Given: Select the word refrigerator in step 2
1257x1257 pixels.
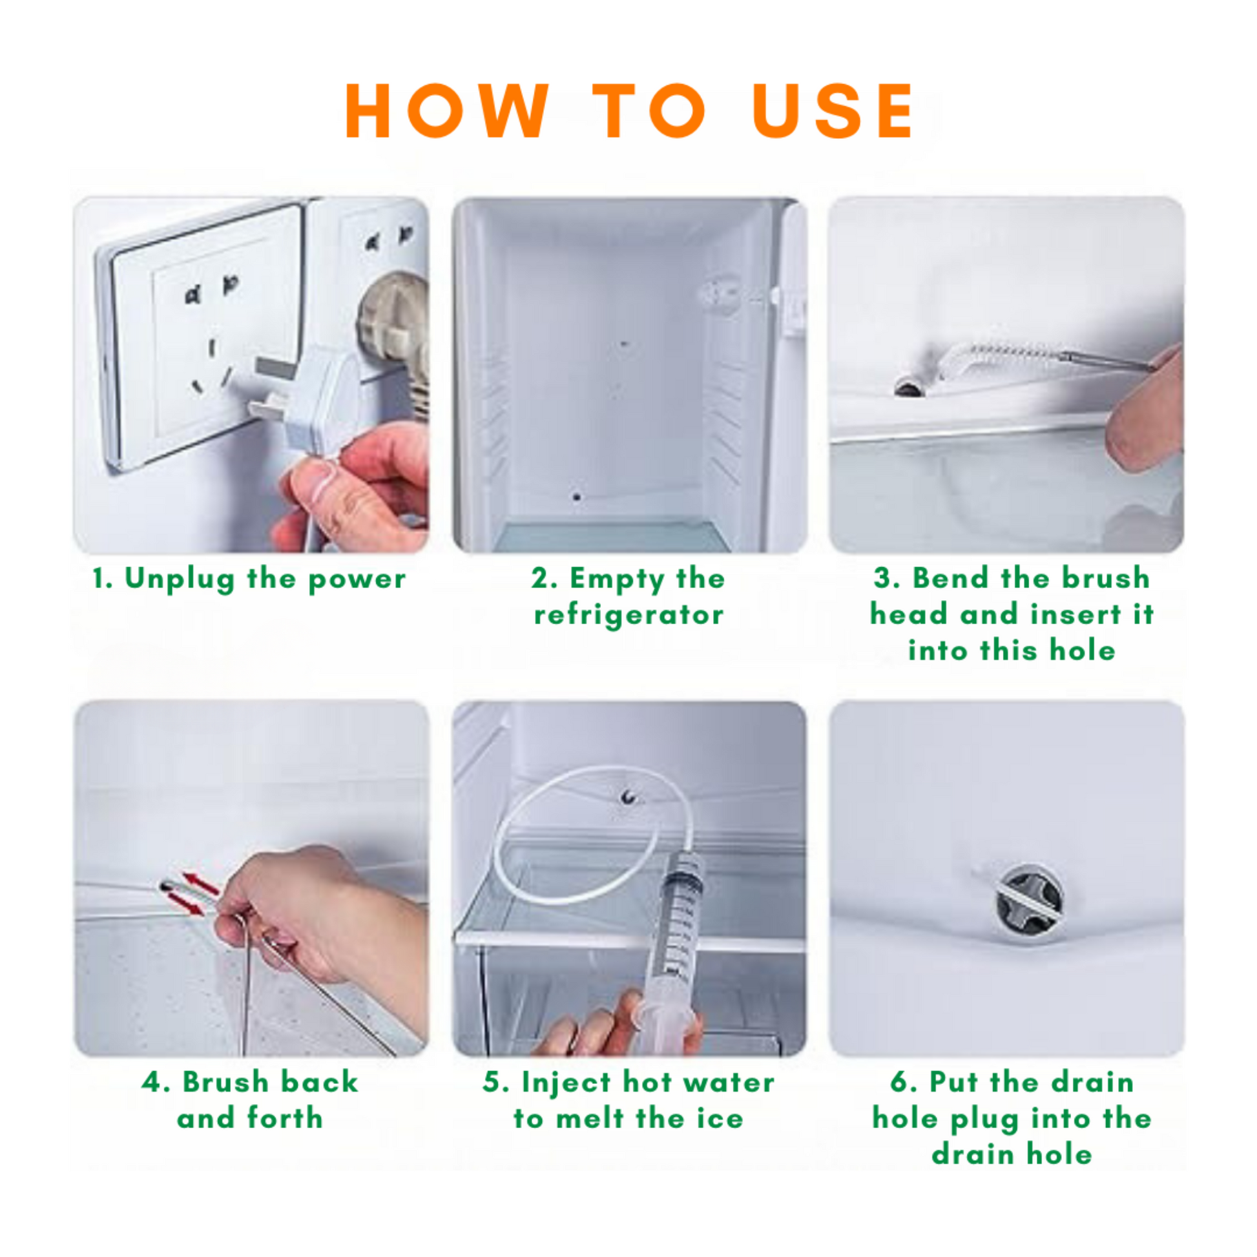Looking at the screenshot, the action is pos(628,616).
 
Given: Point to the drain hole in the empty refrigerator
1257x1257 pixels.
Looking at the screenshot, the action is pos(577,498).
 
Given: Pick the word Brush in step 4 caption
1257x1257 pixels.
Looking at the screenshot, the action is pos(225,1082).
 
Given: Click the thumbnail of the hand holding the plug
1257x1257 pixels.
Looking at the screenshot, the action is pos(251,375).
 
